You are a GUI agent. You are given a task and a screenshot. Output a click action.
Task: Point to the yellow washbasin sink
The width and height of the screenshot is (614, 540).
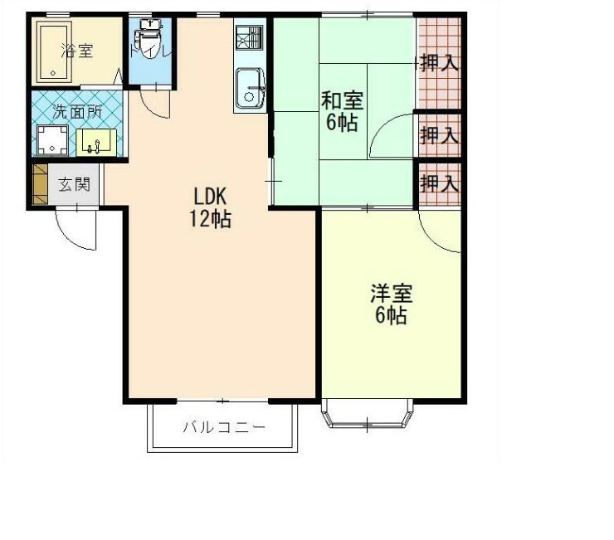[x=99, y=142]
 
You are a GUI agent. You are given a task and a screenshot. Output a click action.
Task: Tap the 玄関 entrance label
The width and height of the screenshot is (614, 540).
[x=74, y=184]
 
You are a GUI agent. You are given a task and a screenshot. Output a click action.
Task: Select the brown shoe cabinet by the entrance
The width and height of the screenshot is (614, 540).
[x=39, y=184]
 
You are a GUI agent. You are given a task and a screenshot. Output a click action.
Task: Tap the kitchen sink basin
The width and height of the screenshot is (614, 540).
[x=249, y=89]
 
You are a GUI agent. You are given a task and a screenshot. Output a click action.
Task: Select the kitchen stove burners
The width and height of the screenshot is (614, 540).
[x=249, y=37]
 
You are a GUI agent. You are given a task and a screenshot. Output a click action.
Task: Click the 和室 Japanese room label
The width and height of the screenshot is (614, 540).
[x=342, y=101]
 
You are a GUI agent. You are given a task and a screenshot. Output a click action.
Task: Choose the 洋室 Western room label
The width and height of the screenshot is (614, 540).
[x=390, y=293]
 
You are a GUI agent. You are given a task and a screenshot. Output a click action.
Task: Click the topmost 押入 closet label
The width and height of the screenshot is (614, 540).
[x=439, y=62]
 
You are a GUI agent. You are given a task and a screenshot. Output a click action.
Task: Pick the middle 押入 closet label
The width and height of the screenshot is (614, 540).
[x=439, y=134]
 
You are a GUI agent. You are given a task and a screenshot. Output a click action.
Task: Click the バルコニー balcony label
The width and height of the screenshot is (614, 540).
[x=223, y=428]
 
